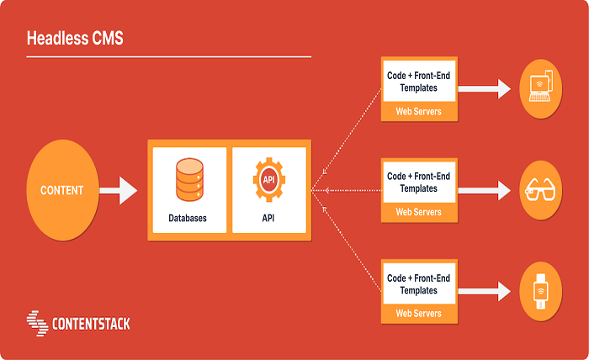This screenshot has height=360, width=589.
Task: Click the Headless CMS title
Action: [x=75, y=39]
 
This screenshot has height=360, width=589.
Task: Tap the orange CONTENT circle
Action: [x=62, y=190]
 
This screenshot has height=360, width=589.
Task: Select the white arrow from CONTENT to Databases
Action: [x=118, y=190]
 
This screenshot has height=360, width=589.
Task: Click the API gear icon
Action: [x=269, y=179]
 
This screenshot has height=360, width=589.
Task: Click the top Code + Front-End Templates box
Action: [x=418, y=81]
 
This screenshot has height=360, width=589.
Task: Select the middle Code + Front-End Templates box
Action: [x=418, y=183]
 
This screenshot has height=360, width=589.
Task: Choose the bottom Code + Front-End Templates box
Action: [x=418, y=283]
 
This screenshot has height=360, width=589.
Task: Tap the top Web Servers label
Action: [x=418, y=112]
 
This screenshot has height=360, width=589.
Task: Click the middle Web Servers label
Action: [x=418, y=213]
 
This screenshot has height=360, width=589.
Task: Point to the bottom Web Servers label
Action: [x=418, y=314]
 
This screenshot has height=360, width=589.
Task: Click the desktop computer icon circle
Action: [x=539, y=87]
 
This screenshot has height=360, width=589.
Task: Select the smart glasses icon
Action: [x=539, y=189]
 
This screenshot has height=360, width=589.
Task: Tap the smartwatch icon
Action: [x=539, y=291]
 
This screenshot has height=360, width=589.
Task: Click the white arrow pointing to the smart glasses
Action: [x=486, y=189]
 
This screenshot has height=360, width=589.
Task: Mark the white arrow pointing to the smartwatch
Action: [x=486, y=291]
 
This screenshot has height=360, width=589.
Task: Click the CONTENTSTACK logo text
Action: [x=91, y=323]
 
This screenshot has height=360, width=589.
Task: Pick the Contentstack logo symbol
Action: [x=37, y=321]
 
